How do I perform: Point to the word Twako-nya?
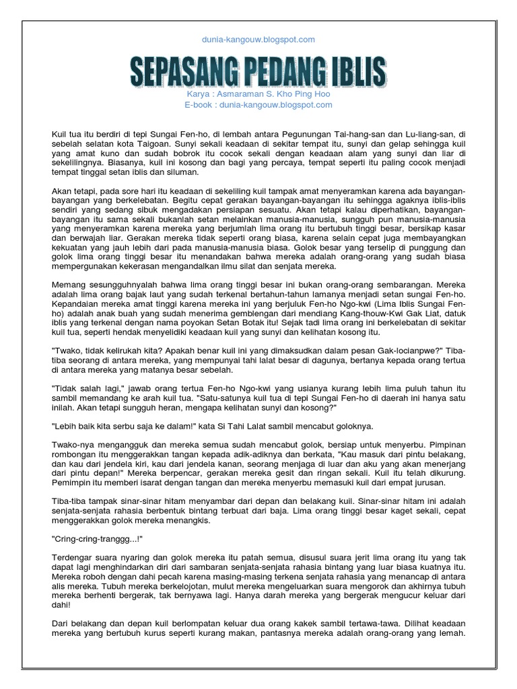tap(73, 445)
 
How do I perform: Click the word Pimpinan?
tap(445, 445)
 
